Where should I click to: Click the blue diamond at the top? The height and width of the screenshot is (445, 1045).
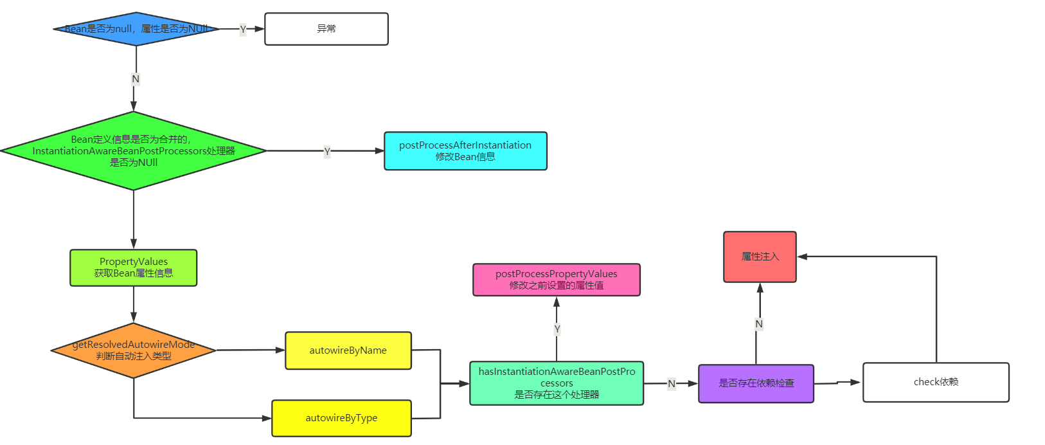pyautogui.click(x=136, y=29)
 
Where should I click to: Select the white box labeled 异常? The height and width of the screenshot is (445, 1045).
pyautogui.click(x=326, y=29)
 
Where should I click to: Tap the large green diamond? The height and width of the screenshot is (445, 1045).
pyautogui.click(x=134, y=151)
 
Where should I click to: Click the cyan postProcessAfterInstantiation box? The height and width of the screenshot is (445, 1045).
pyautogui.click(x=465, y=151)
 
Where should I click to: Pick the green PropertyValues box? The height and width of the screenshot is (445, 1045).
pyautogui.click(x=134, y=268)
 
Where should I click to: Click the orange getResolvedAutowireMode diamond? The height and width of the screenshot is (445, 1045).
pyautogui.click(x=134, y=350)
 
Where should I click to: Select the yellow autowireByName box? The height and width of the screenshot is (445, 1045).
pyautogui.click(x=348, y=350)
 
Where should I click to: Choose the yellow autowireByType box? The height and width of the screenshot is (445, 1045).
pyautogui.click(x=341, y=418)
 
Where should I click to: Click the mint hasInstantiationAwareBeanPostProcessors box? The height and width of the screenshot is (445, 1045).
pyautogui.click(x=557, y=383)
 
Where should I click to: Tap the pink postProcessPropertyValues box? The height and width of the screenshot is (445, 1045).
pyautogui.click(x=557, y=280)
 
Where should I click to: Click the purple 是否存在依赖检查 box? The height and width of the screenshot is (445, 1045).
pyautogui.click(x=756, y=383)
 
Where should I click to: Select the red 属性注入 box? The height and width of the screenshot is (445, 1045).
pyautogui.click(x=760, y=257)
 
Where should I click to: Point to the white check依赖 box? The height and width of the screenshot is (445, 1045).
pyautogui.click(x=936, y=382)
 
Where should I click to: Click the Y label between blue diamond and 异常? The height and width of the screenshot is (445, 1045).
pyautogui.click(x=243, y=30)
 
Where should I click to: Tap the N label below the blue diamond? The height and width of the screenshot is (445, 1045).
pyautogui.click(x=136, y=79)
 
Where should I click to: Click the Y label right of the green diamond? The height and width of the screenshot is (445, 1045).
pyautogui.click(x=327, y=152)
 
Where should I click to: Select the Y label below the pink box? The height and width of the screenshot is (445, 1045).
pyautogui.click(x=557, y=329)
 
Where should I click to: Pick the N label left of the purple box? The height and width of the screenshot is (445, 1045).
pyautogui.click(x=672, y=384)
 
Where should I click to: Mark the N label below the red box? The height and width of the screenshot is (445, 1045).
pyautogui.click(x=759, y=324)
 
